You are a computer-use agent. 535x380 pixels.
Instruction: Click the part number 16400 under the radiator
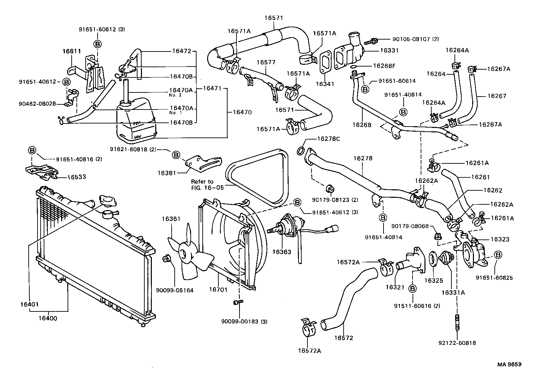coord(47,319)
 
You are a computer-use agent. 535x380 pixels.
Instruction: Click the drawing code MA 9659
coord(509,364)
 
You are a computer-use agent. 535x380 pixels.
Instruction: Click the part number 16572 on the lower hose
coord(344,338)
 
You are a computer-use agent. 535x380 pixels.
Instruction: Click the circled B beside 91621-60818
coord(176,155)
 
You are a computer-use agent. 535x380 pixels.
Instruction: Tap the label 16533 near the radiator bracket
coord(76,177)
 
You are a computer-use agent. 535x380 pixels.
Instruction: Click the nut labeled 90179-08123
coord(330,188)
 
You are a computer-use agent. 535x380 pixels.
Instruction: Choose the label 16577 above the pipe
coord(266,62)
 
